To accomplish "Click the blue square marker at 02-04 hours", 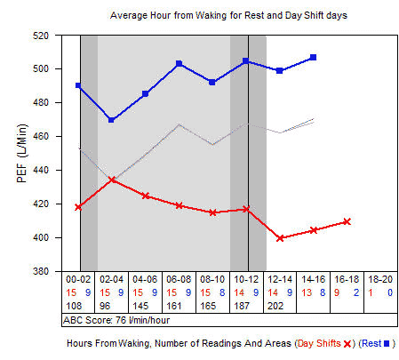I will (111, 120).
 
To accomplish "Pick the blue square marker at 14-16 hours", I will (313, 57).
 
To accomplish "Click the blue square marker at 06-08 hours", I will (179, 64).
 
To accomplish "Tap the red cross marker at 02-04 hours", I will (111, 180).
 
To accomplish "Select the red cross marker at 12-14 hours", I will (280, 238).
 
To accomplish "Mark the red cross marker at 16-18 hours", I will (347, 221).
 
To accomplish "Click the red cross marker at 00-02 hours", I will (79, 207).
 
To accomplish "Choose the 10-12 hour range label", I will (246, 278).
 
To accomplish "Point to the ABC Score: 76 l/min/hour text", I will (110, 318).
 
